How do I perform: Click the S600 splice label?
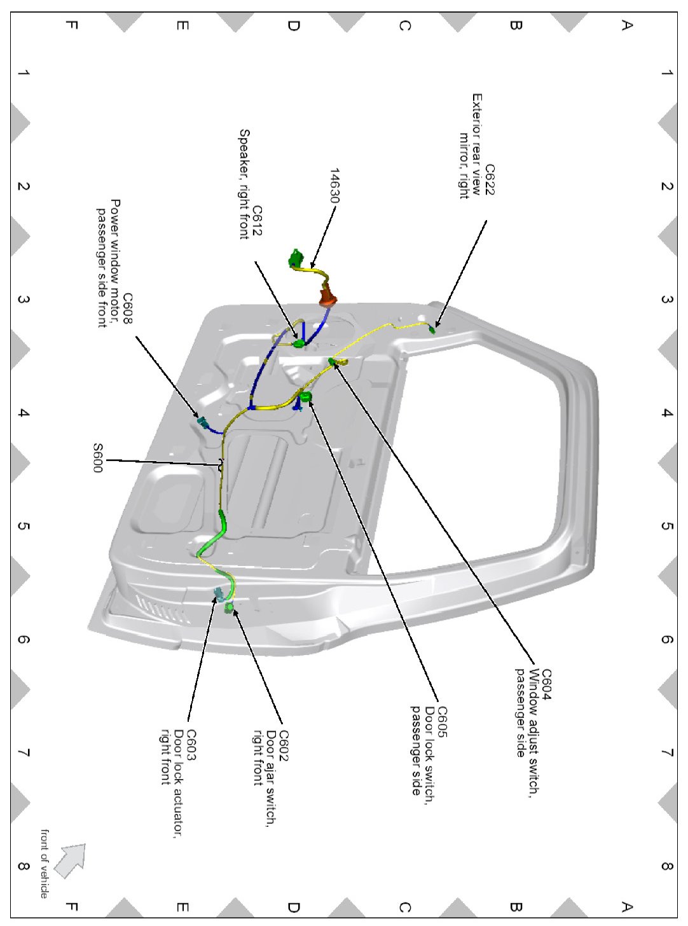click(x=97, y=458)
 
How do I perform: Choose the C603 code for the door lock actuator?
click(x=190, y=744)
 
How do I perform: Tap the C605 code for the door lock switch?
click(x=442, y=722)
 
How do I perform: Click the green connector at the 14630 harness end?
click(x=296, y=258)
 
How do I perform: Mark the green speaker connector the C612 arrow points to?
click(x=299, y=344)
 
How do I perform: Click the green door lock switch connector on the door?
click(x=306, y=397)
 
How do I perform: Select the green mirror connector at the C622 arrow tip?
click(x=432, y=329)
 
